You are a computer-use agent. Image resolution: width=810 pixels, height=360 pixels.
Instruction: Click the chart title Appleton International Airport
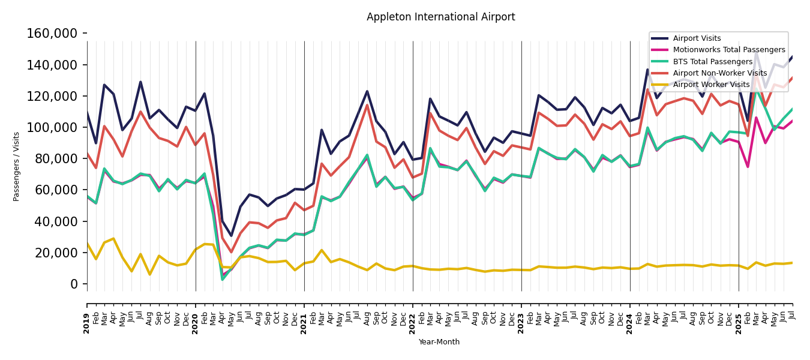[x=440, y=17]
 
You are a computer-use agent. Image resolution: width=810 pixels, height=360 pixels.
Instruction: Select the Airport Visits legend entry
[x=697, y=38]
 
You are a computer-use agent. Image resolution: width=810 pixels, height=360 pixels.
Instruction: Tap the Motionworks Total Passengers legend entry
[x=728, y=50]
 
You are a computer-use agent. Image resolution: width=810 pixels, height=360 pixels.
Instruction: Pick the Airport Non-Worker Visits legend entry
[x=719, y=73]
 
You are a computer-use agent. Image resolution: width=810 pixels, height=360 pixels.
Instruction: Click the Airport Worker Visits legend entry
[x=711, y=85]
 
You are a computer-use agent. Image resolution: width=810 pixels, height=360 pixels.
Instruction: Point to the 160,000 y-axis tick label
[x=52, y=34]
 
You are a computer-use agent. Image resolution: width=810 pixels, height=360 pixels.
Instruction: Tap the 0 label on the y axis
[x=74, y=284]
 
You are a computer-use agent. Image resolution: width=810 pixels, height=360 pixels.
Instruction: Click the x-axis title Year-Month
[x=439, y=342]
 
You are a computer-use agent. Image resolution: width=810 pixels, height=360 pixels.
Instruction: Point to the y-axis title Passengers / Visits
[x=17, y=166]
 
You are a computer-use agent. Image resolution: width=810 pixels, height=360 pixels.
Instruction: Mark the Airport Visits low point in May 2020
[x=232, y=236]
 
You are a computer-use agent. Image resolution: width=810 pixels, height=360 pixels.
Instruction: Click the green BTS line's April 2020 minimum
[x=223, y=280]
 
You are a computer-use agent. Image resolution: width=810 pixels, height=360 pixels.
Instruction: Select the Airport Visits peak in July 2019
[x=141, y=82]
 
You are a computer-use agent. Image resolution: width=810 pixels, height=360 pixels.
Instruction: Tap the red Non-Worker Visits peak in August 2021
[x=367, y=105]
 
